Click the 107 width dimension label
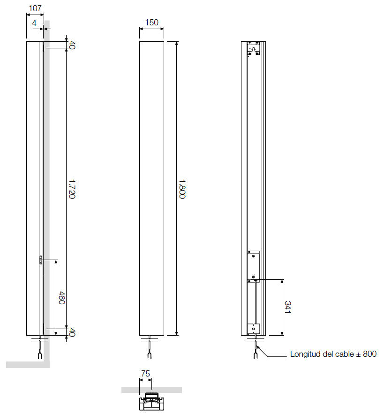[35, 8]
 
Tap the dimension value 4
[34, 23]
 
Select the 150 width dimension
[152, 22]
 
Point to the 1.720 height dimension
[72, 189]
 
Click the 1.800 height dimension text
[182, 189]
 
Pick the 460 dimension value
[61, 298]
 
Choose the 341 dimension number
[287, 307]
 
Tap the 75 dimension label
[145, 373]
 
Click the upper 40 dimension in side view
[72, 45]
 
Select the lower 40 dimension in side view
[72, 332]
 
